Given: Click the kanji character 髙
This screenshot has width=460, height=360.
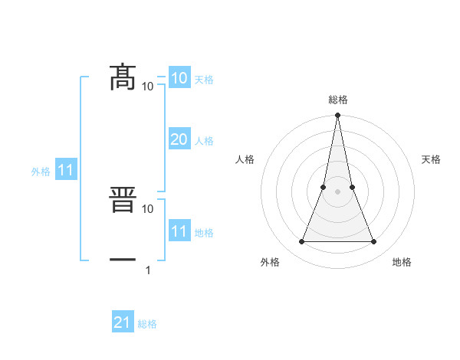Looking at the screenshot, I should tap(123, 77).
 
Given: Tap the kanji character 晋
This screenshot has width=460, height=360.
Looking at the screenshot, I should tap(123, 200).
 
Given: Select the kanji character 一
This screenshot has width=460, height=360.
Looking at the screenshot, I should tap(123, 261).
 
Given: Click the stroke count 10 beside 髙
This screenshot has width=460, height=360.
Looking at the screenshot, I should tap(148, 86).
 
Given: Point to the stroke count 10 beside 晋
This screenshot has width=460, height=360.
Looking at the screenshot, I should tap(148, 208).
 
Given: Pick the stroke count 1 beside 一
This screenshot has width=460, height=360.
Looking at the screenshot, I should tap(148, 270).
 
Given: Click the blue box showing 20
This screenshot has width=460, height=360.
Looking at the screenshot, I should tap(179, 139).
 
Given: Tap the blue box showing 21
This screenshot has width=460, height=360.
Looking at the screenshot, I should tap(122, 322).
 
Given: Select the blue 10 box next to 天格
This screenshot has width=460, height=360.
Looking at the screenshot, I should tap(179, 77).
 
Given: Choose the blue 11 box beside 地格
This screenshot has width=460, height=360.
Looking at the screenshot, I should tap(179, 231).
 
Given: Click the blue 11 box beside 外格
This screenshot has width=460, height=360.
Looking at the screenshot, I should tap(65, 170).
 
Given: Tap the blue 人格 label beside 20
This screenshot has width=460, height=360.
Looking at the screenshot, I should tap(204, 141).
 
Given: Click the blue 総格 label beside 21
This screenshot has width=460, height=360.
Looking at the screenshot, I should tap(147, 325).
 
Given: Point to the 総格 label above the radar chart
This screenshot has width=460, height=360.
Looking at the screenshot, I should tap(337, 100).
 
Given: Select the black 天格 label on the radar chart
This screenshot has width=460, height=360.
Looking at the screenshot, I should tap(431, 160).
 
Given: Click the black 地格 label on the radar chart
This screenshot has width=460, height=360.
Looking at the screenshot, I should tap(402, 263).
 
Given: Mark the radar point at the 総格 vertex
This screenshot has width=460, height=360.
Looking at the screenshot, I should tap(337, 116).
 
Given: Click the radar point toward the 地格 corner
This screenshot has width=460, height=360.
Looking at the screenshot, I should tap(374, 242).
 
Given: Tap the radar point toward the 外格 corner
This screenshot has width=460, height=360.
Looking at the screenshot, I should tap(301, 242).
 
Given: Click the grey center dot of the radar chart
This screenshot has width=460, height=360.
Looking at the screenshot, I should tap(337, 191).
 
